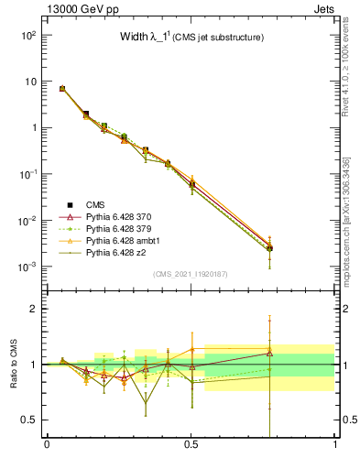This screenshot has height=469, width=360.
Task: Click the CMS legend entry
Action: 96,204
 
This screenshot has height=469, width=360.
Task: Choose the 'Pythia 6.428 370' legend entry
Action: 119,216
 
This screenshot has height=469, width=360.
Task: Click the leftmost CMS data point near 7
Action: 62,89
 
